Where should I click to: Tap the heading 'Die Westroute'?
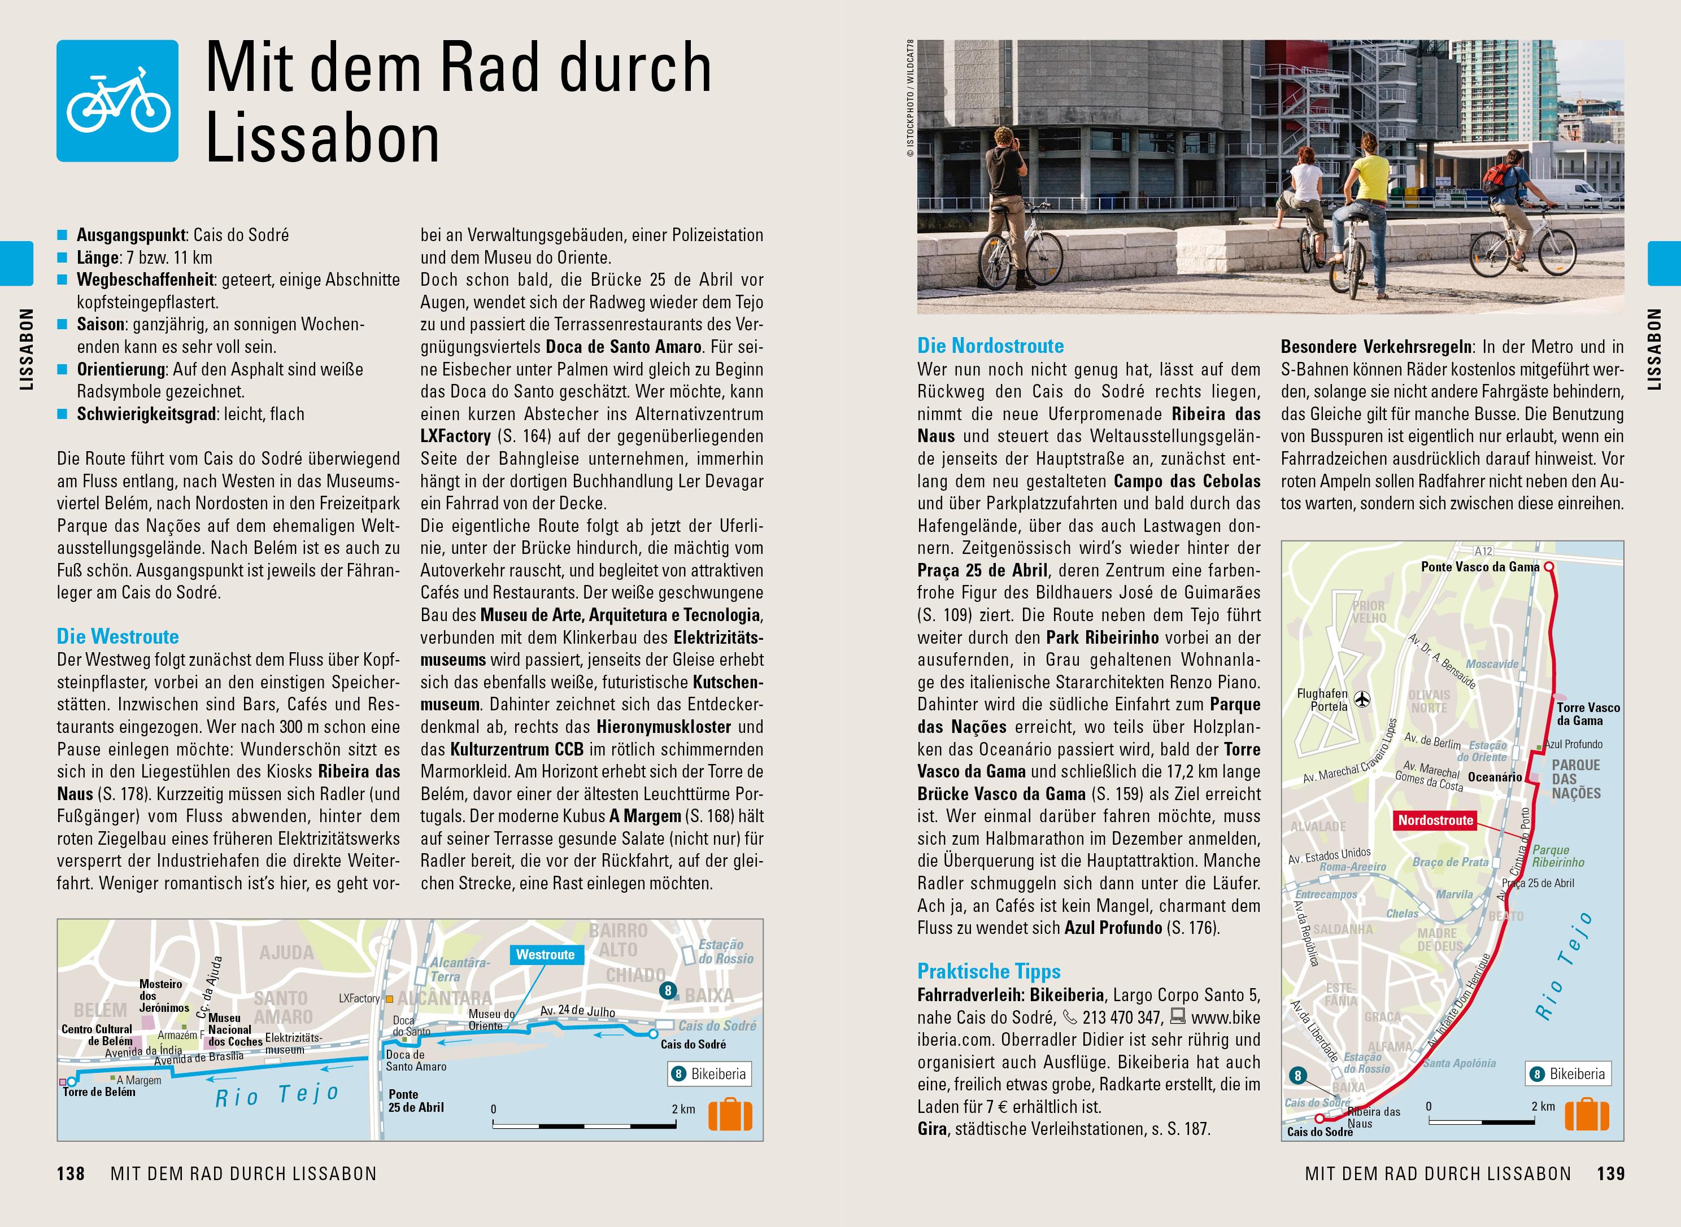(117, 636)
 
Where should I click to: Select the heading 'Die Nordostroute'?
(990, 346)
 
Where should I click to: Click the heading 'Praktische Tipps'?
(988, 972)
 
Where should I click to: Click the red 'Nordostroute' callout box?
(1435, 820)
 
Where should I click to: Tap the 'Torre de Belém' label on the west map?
(99, 1092)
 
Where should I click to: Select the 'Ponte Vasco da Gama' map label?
(1480, 567)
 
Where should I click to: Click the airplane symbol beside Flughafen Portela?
(1362, 699)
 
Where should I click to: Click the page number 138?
(71, 1173)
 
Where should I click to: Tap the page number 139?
(1610, 1173)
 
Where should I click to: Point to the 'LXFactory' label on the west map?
(359, 998)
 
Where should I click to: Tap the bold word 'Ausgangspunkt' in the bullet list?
(130, 235)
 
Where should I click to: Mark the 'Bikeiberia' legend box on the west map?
(709, 1074)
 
